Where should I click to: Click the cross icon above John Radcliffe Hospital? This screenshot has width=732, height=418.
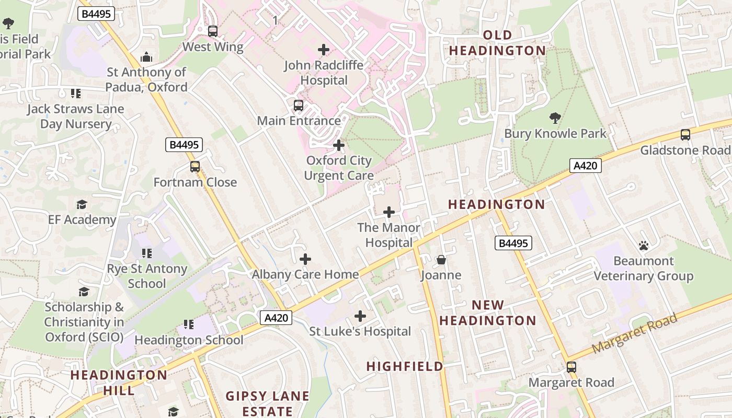pos(324,50)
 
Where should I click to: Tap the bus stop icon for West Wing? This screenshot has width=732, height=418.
pos(213,31)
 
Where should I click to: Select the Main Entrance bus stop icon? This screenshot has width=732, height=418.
pos(299,106)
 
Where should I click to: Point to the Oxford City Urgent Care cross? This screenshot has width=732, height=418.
pos(339,145)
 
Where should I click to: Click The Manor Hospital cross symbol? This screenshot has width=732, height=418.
pos(389,212)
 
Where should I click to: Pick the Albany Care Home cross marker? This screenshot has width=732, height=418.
pos(305,259)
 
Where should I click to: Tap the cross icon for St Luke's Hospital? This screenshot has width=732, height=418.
pos(360,316)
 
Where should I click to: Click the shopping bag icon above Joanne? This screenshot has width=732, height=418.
pos(441,260)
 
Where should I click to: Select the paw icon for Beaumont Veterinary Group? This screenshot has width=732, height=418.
pos(644,245)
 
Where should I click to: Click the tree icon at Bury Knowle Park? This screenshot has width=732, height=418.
pos(555,118)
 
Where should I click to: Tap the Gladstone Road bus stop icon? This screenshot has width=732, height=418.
pos(685,135)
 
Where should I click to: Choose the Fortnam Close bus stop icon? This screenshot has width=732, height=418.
pos(195,167)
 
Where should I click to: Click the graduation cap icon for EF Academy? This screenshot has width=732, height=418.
pos(82,204)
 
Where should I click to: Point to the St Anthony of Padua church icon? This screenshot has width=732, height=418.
pos(146,56)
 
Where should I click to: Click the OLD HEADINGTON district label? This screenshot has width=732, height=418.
pos(498,43)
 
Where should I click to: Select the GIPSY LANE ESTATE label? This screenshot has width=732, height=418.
pos(267,404)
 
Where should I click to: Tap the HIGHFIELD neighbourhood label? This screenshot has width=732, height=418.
pos(405,367)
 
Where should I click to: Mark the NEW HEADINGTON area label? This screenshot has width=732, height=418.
pos(488,312)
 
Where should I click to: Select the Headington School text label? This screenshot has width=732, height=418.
pos(189,340)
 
